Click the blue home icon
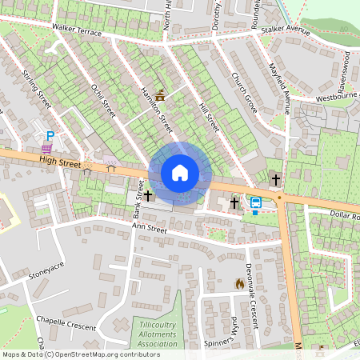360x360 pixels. (x=180, y=172)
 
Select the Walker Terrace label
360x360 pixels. (x=77, y=30)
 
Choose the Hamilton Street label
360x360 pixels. (x=157, y=110)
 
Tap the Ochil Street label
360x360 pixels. (x=104, y=101)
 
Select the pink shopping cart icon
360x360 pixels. (x=48, y=149)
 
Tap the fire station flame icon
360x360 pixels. (x=238, y=283)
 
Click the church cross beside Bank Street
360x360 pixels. (x=148, y=195)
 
